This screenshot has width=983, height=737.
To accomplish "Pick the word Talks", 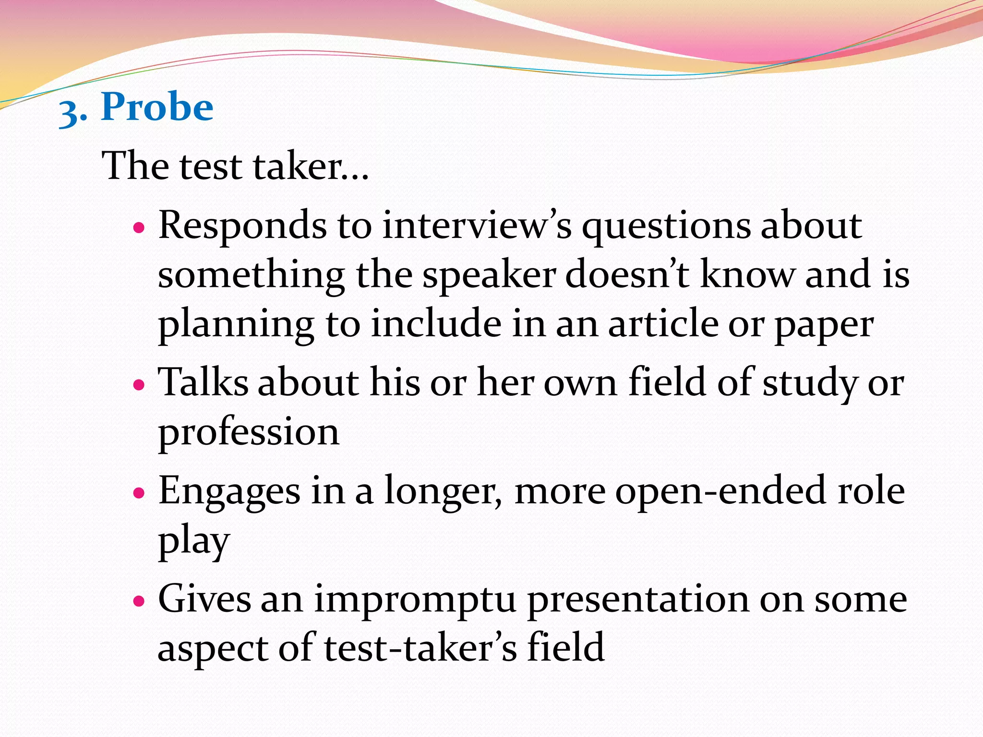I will pyautogui.click(x=203, y=382).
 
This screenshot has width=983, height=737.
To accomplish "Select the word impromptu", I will pyautogui.click(x=415, y=600).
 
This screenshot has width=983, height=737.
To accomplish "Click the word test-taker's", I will pyautogui.click(x=420, y=648).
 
